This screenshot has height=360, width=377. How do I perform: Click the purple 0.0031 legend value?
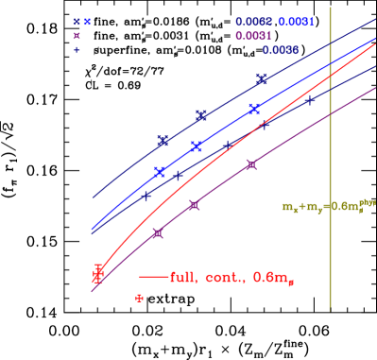[254, 36]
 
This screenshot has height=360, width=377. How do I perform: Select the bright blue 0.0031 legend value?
[296, 21]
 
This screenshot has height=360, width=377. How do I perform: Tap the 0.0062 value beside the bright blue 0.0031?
[254, 21]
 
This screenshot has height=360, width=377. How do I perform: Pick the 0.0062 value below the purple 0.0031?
[281, 50]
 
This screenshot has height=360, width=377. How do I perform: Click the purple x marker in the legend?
[77, 36]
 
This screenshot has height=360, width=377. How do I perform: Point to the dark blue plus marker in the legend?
[77, 50]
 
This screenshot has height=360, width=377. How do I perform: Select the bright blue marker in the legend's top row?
[87, 21]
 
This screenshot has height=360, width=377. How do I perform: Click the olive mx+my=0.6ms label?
[328, 205]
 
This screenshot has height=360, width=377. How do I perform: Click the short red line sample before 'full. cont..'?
[153, 277]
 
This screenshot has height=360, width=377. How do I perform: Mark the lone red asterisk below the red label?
[139, 298]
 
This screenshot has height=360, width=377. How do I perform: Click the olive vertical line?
[330, 161]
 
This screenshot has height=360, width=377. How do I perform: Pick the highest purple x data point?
[251, 164]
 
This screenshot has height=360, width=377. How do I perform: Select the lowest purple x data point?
[158, 232]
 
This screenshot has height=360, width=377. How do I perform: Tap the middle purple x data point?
[194, 205]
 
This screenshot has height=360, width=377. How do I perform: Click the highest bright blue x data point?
[254, 110]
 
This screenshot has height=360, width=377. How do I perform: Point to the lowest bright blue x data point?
[160, 172]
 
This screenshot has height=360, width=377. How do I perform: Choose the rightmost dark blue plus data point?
[310, 99]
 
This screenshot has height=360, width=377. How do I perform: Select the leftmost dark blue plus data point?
[147, 196]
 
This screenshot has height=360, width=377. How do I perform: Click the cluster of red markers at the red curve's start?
[97, 272]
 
